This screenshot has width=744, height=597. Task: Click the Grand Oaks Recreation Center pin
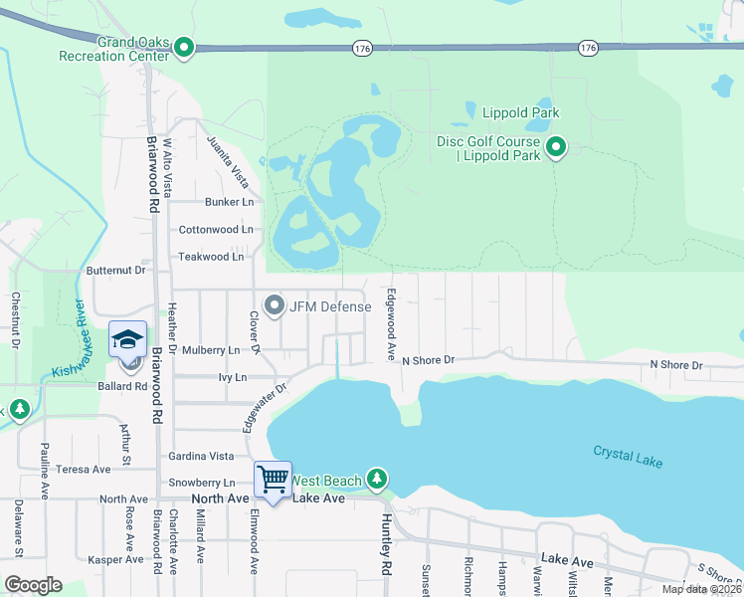click(x=184, y=47)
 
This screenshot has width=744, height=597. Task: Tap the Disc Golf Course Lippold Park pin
click(x=556, y=149)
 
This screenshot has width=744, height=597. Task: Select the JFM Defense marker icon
click(x=275, y=305)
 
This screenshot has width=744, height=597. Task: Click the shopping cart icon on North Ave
click(x=273, y=480)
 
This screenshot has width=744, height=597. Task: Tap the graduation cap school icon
click(x=127, y=338)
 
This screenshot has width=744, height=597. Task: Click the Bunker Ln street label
click(x=229, y=202)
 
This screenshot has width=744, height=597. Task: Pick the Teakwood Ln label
click(x=211, y=257)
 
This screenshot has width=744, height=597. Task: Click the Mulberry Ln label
click(x=210, y=350)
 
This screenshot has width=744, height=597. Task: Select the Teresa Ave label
click(x=84, y=470)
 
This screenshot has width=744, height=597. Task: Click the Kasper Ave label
click(x=116, y=560)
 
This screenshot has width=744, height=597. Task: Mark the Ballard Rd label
click(x=123, y=385)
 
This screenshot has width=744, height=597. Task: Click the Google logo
click(x=33, y=585)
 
